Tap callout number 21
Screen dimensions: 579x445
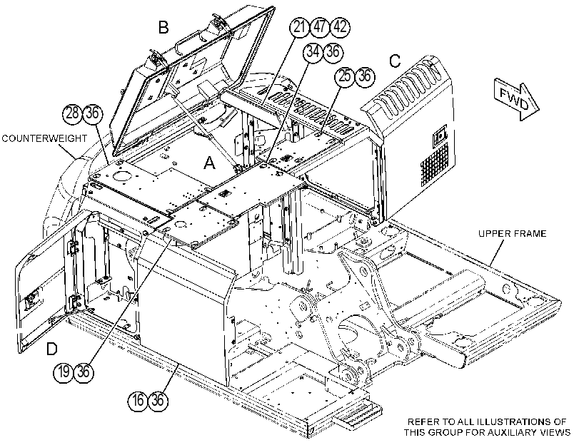coord(299,27)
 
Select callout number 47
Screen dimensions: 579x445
coord(320,27)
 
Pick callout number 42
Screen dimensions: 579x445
coord(340,27)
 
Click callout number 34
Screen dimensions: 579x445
coord(313,51)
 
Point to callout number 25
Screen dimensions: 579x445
coord(345,76)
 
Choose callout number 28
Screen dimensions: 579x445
coord(72,113)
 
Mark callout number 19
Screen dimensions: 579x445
coord(64,372)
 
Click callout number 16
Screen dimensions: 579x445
coord(138,399)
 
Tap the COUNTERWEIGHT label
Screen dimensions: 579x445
coord(44,138)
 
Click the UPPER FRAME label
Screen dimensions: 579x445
coord(512,234)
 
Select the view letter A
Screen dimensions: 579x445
coord(209,163)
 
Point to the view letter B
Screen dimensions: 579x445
coord(163,27)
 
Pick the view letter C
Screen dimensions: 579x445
coord(395,61)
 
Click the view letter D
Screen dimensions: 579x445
coord(52,349)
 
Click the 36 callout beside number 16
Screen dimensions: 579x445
coord(158,399)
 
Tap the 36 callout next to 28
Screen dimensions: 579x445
coord(92,113)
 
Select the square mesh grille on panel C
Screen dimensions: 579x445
coord(434,165)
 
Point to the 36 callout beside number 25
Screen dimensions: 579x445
coord(365,76)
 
